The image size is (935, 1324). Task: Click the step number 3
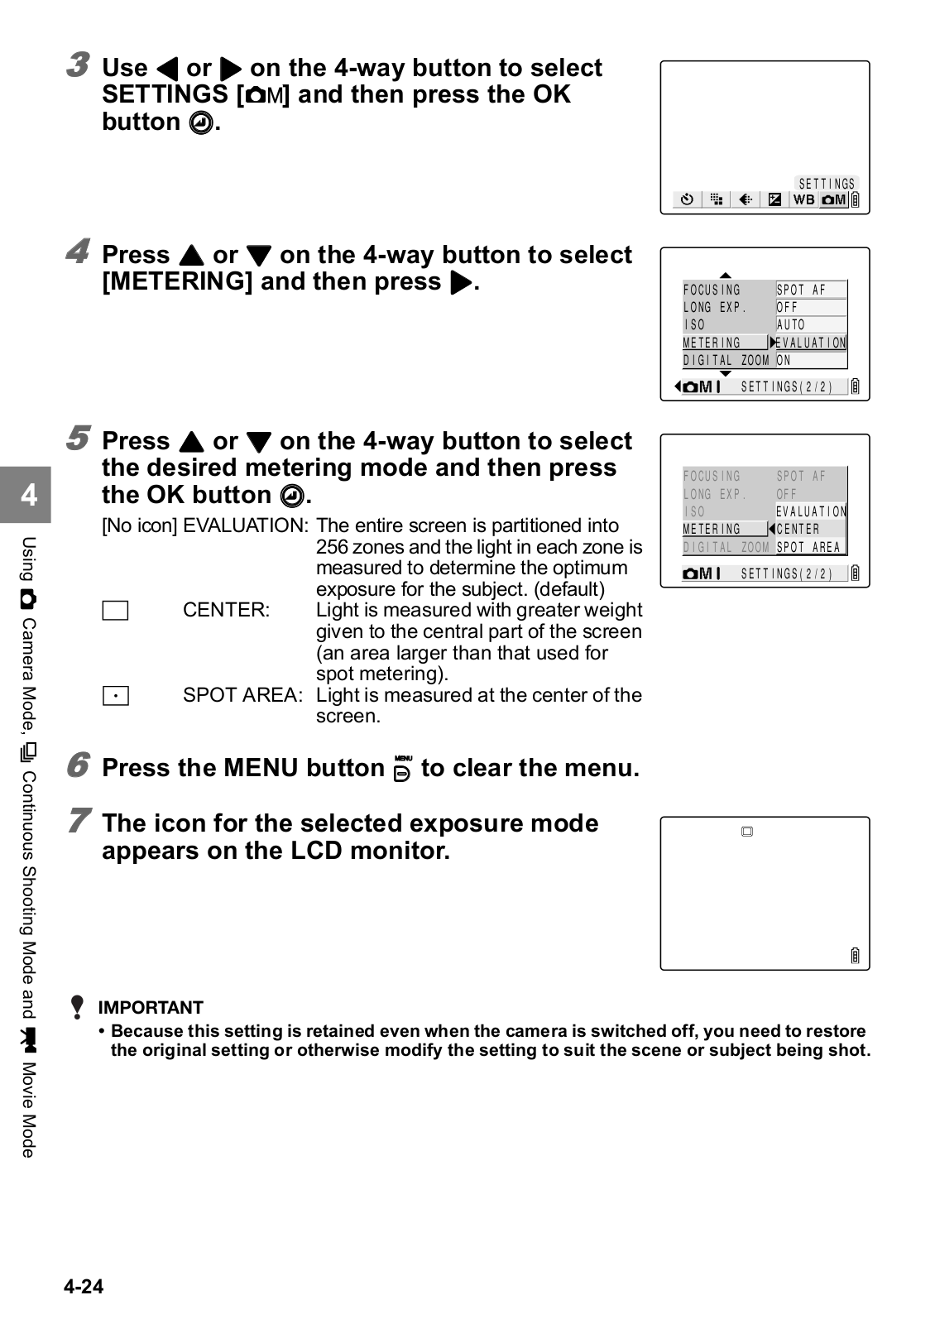[78, 65]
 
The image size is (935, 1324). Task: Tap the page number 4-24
[84, 1286]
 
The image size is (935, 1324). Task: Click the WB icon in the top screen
[803, 199]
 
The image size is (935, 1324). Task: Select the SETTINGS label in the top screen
[827, 184]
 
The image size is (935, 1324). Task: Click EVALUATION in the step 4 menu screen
[811, 343]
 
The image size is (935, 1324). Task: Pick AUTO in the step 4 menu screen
[791, 325]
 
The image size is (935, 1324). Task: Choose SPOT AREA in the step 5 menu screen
[808, 547]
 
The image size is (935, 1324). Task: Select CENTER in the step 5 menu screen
[798, 529]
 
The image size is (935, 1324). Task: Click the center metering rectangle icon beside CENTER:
[115, 611]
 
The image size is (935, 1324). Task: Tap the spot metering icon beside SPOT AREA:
[115, 696]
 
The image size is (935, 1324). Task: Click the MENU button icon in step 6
[403, 769]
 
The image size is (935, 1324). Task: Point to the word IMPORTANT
[151, 1007]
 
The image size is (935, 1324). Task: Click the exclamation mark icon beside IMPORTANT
[77, 1007]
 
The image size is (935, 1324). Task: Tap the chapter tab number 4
[29, 495]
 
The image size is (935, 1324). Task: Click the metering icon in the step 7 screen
[747, 832]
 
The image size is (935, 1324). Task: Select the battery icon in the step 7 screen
[855, 956]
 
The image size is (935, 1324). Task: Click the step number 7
[78, 820]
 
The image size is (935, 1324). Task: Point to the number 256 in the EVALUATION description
[332, 547]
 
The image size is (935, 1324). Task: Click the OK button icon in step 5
[291, 496]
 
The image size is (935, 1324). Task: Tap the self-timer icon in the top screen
[687, 199]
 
